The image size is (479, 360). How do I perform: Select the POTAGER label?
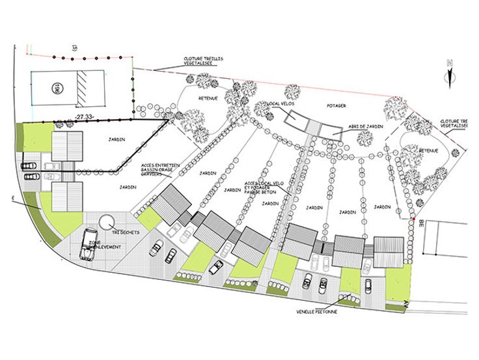click(x=336, y=104)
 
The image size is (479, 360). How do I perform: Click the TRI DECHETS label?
click(x=125, y=232)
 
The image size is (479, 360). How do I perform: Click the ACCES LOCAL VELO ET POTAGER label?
click(x=262, y=188)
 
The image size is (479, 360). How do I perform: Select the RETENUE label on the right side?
click(x=428, y=150)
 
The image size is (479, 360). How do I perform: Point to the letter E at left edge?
click(x=12, y=197)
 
